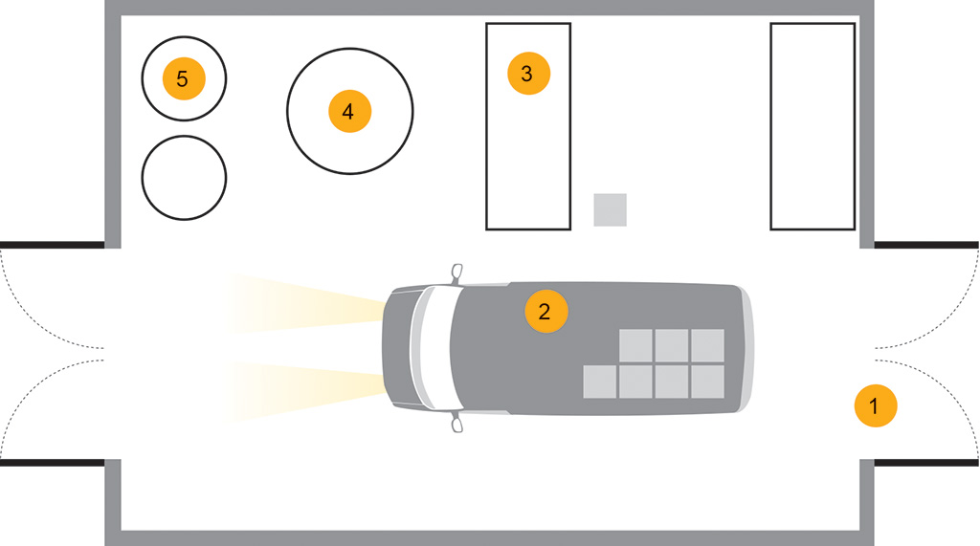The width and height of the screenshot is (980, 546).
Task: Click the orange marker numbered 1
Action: coord(876,406)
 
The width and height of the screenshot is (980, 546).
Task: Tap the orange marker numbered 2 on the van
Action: coord(546,311)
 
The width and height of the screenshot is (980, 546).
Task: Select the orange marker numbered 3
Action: coord(528,73)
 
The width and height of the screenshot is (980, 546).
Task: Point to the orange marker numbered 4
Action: coord(350,111)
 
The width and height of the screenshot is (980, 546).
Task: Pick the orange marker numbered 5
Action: coord(184,78)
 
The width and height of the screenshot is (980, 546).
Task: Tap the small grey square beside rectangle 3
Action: coord(610,210)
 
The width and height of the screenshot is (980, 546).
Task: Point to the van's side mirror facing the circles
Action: coord(457,273)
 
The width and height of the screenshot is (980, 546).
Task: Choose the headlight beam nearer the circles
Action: coord(305,302)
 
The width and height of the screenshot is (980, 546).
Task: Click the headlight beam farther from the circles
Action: coord(305,391)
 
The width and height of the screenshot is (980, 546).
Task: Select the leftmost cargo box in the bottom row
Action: coord(600,382)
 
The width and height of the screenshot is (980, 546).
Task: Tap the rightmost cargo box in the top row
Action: coord(707,345)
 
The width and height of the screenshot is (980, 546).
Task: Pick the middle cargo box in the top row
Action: coord(672,345)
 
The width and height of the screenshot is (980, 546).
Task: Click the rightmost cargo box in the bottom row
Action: coord(707,382)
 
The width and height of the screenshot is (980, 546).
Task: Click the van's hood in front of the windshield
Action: coord(398,348)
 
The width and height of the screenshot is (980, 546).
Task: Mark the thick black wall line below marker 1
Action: coord(926,463)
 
